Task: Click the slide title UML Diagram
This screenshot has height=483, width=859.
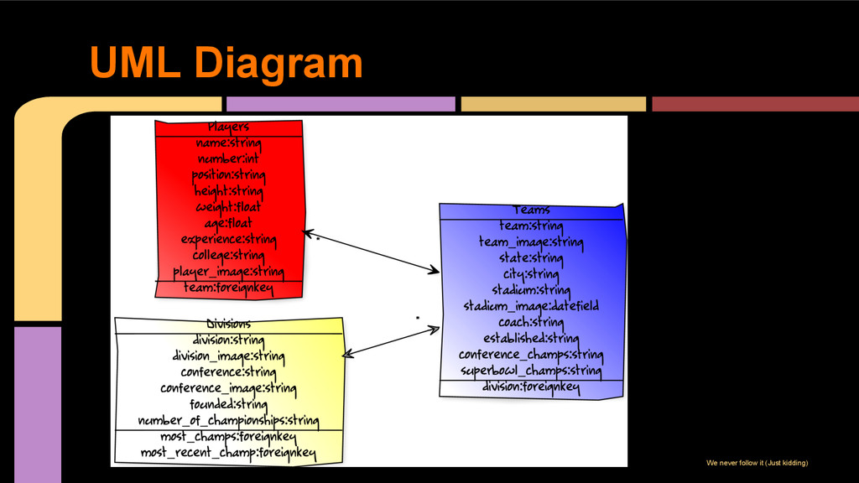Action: [226, 63]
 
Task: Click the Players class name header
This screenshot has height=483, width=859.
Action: [228, 127]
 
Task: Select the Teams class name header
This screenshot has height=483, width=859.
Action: [532, 210]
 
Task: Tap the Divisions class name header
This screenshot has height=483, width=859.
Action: [228, 324]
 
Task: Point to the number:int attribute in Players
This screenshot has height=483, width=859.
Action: [228, 159]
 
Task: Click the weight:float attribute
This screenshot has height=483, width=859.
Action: [228, 207]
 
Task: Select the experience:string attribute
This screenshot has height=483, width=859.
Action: [228, 239]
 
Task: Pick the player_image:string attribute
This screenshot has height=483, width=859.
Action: [228, 272]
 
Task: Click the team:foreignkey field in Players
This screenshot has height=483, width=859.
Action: [228, 288]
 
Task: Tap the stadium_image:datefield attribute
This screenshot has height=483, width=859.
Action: [532, 306]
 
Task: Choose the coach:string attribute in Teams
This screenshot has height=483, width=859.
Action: [532, 322]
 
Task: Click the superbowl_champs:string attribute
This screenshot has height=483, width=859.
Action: [532, 370]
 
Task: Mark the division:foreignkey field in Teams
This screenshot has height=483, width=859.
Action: [532, 387]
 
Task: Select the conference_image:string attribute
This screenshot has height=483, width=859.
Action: [228, 388]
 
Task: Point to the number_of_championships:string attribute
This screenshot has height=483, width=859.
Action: [228, 420]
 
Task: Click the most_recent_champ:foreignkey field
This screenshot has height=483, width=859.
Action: [228, 454]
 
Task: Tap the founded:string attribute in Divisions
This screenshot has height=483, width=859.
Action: [228, 404]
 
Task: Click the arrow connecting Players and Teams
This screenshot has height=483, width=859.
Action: [371, 252]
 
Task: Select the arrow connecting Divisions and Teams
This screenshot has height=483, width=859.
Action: [391, 342]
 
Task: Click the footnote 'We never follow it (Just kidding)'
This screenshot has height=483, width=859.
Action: [757, 463]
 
